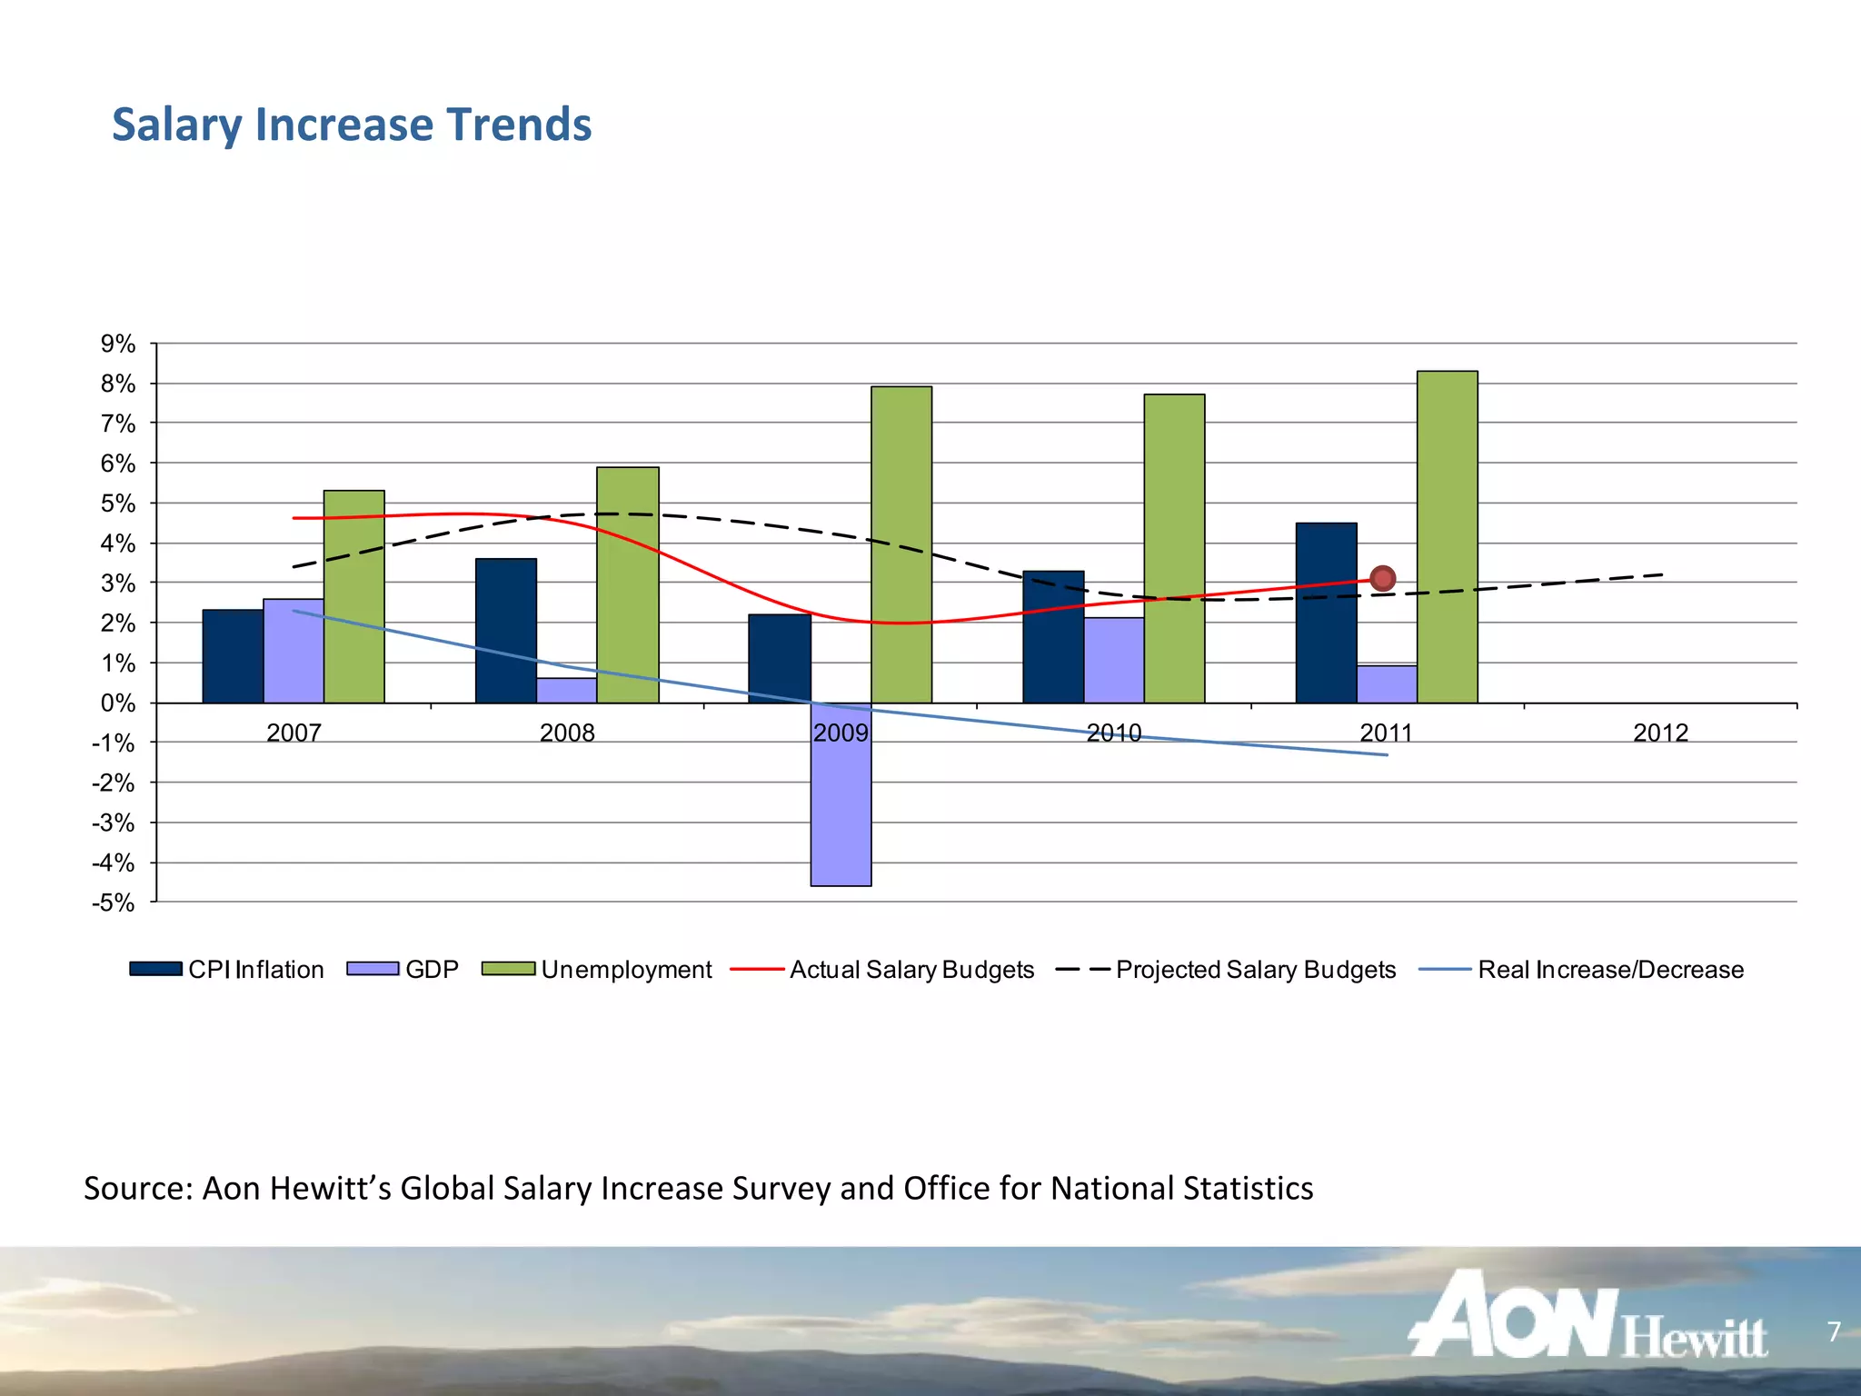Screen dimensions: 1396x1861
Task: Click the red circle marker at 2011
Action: [1382, 578]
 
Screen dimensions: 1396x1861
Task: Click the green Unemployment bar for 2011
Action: [1447, 536]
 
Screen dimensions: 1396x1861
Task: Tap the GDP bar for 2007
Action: [293, 651]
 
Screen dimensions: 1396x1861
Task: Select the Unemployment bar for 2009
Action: [901, 544]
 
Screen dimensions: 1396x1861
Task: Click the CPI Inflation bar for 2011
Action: [1326, 613]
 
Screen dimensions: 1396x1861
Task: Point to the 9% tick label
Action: [117, 344]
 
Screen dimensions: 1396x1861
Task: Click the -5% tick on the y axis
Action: [113, 902]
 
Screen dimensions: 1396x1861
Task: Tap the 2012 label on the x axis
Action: [1659, 733]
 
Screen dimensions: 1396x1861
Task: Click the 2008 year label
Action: [566, 733]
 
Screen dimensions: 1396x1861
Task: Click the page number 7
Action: [1833, 1331]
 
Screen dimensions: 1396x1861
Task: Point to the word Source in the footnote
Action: [136, 1188]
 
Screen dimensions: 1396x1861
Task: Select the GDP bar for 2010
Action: [1113, 660]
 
